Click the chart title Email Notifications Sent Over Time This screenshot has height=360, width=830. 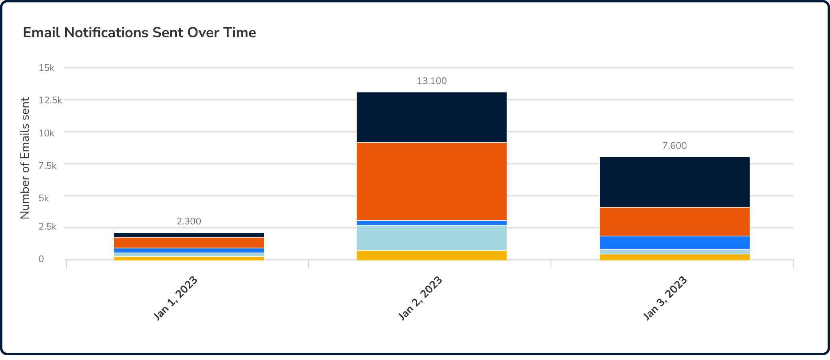click(x=139, y=32)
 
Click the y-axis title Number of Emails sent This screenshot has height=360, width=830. click(x=25, y=158)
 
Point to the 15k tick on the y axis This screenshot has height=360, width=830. click(x=46, y=68)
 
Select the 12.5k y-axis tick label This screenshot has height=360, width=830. click(x=50, y=100)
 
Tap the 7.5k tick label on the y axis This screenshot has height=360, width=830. click(x=48, y=166)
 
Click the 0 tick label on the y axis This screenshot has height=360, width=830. click(x=41, y=259)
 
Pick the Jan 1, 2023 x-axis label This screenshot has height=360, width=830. click(x=176, y=298)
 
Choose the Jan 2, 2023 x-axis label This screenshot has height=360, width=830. click(x=421, y=298)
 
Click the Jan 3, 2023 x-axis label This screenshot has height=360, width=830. click(x=665, y=298)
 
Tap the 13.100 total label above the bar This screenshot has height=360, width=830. click(x=432, y=81)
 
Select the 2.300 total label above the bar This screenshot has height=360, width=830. click(x=189, y=222)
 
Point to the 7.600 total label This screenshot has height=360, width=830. click(x=674, y=146)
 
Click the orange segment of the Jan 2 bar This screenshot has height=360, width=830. click(x=432, y=181)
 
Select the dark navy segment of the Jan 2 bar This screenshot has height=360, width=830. click(x=432, y=117)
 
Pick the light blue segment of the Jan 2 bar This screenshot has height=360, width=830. click(x=432, y=238)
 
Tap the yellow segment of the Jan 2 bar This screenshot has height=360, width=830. click(x=432, y=255)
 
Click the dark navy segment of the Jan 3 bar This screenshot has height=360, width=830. click(x=674, y=182)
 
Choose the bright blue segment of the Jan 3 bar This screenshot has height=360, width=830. click(x=674, y=242)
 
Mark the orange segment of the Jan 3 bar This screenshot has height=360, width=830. click(x=674, y=222)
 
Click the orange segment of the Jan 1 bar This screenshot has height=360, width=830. click(x=189, y=242)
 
